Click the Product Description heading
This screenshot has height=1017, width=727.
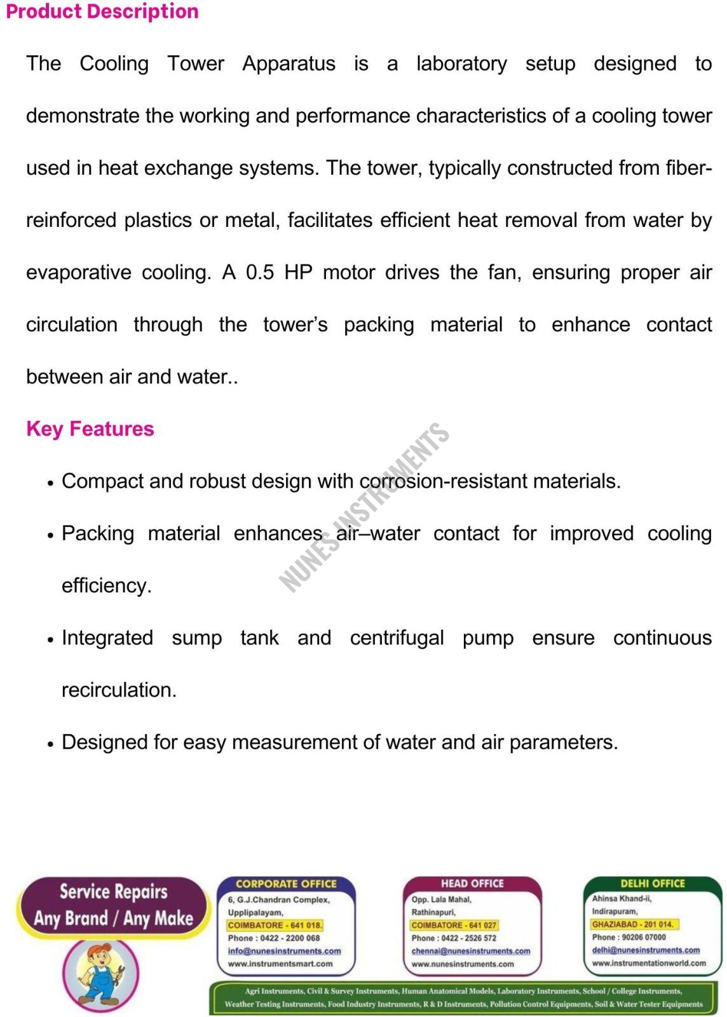[102, 11]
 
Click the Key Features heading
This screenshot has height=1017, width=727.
[90, 429]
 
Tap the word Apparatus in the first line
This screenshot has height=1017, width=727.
[289, 64]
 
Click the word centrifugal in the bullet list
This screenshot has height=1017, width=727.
[397, 638]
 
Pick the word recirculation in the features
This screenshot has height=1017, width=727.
[119, 690]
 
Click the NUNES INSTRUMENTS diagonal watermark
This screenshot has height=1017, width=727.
[364, 508]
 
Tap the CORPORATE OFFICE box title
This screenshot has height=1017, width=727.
[286, 884]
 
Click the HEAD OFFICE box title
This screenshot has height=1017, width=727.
[472, 884]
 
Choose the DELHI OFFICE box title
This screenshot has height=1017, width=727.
[653, 884]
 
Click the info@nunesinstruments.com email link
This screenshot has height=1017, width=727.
[285, 951]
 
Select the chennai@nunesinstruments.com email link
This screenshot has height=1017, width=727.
[471, 951]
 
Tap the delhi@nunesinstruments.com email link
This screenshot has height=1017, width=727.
[646, 950]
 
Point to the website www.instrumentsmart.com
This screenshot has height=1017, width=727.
[280, 964]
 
